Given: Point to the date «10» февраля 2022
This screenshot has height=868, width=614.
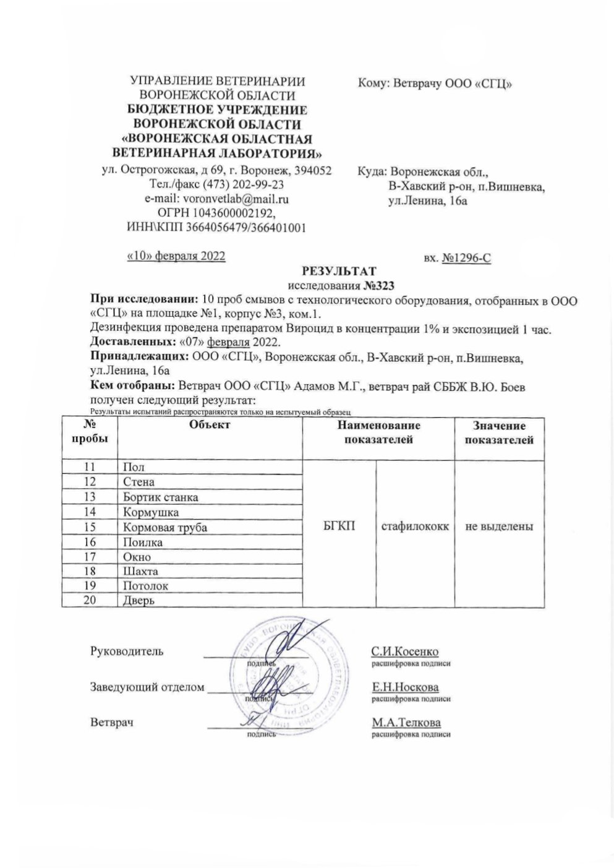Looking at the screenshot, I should pos(176,256).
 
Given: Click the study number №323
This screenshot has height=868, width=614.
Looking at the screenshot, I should pos(377,285).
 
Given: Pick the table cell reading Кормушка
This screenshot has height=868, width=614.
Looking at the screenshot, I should pos(151,512).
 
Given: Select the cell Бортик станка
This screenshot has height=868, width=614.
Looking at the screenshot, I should pos(160,497).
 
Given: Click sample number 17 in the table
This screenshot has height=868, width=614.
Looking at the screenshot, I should pos(90,556).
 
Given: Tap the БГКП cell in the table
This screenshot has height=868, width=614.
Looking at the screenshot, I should pos(339,526).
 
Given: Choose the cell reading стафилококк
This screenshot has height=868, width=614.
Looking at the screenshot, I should pos(415,526).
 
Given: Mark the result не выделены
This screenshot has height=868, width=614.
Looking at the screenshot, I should pos(499,526).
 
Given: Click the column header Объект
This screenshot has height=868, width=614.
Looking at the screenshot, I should pos(210,424).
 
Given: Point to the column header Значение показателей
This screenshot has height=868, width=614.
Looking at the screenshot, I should pos(499,433).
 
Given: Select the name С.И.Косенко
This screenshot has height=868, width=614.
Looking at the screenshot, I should pos(405,652).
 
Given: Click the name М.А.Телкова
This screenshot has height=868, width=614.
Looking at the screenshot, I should pos(406,723).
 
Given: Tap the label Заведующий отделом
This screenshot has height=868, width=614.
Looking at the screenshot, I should pos(147,687).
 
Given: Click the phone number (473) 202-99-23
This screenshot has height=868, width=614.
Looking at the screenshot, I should pos(246,185).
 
